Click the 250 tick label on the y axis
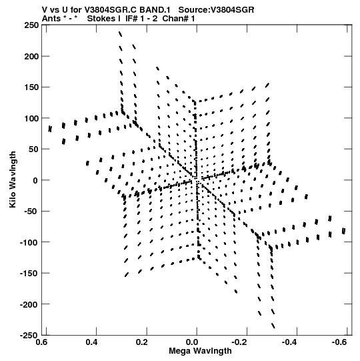click(x=31, y=25)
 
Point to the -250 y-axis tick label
click(x=29, y=336)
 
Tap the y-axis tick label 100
click(x=31, y=118)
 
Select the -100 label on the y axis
click(x=29, y=242)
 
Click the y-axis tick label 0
click(x=35, y=180)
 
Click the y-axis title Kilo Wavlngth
click(x=13, y=179)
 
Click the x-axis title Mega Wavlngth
click(x=200, y=351)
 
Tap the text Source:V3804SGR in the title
click(x=216, y=10)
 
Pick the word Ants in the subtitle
click(x=51, y=19)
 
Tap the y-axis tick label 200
click(x=31, y=56)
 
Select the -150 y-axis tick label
click(x=29, y=274)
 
